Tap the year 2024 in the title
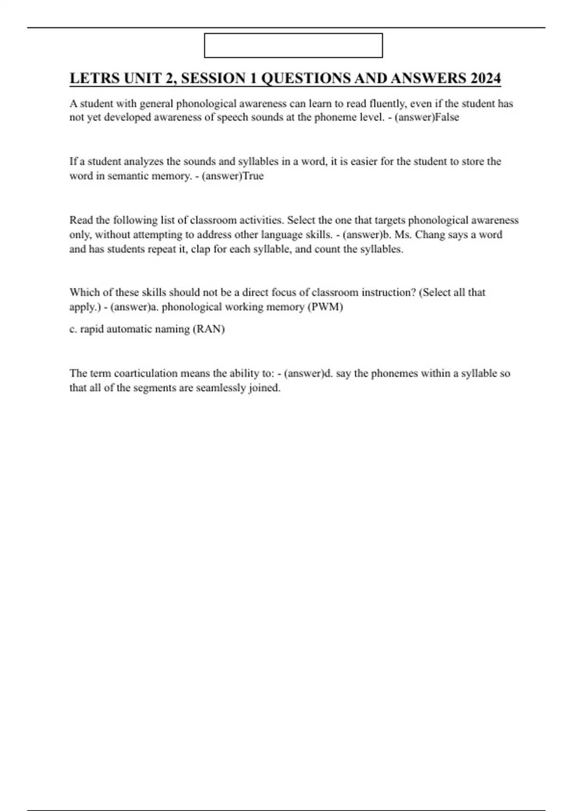pos(485,78)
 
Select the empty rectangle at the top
pos(293,45)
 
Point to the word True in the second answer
pos(253,176)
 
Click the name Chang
pos(430,235)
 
